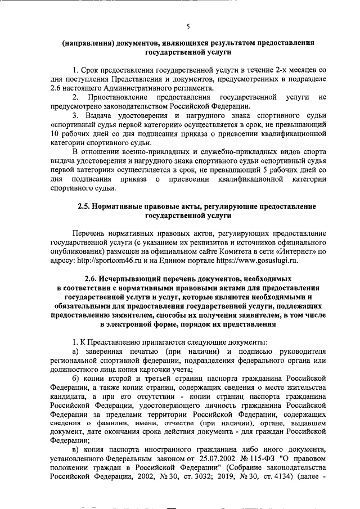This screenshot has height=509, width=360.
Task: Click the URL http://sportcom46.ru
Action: click(x=110, y=260)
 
